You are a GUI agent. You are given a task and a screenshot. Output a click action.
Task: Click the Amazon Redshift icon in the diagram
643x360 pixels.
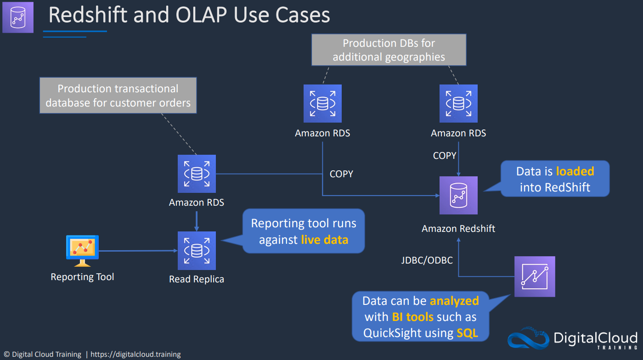(458, 195)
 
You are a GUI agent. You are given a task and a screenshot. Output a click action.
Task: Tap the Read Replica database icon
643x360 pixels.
(197, 251)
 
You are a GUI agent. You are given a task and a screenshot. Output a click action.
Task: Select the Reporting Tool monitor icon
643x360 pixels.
(82, 251)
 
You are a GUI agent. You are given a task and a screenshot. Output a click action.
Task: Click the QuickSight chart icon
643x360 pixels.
(535, 276)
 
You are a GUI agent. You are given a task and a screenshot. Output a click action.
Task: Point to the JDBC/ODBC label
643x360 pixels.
(427, 260)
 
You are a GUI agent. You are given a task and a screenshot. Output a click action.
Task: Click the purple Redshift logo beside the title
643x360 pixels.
(18, 17)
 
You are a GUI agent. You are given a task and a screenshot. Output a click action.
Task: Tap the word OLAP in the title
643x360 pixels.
(201, 15)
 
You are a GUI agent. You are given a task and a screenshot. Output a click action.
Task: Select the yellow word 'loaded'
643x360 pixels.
(575, 171)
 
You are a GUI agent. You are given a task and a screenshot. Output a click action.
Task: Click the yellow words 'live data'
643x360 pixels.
(325, 240)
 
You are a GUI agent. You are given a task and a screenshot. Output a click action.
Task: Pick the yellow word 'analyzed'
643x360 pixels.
(454, 301)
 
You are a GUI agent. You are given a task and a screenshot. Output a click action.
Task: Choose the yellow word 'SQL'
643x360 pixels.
(468, 333)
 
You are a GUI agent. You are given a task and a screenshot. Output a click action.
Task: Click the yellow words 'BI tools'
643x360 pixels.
(413, 317)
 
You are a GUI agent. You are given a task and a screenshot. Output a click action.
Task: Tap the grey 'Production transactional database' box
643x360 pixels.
(118, 96)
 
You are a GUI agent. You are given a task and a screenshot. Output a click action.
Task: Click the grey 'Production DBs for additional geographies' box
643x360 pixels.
(389, 50)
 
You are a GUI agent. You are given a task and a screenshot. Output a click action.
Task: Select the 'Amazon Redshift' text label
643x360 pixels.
(458, 229)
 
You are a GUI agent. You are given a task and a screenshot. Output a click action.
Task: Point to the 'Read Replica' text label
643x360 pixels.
(197, 279)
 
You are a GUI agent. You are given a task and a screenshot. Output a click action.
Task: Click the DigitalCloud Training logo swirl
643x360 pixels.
(529, 338)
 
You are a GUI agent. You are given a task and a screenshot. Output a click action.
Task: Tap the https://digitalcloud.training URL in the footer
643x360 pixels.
(135, 354)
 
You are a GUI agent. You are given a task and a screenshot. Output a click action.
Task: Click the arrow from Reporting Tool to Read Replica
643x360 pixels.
(138, 251)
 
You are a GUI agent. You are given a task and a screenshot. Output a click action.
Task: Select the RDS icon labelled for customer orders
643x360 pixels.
(197, 174)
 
